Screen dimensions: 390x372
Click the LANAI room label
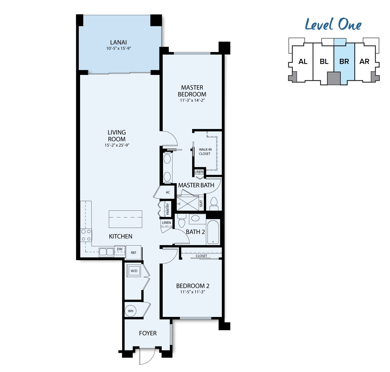click(118, 42)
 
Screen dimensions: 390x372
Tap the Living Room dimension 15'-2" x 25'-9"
click(117, 145)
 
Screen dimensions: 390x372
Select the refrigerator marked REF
click(133, 253)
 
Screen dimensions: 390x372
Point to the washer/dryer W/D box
click(134, 271)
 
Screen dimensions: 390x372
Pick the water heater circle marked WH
click(131, 311)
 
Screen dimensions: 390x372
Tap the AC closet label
click(168, 192)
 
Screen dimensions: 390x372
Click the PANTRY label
click(168, 209)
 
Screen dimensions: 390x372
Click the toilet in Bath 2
click(182, 220)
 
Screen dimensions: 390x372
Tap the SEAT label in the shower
click(201, 203)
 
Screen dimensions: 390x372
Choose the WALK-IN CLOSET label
click(205, 151)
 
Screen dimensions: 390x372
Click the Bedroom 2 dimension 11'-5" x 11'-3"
click(192, 292)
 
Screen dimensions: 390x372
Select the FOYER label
click(148, 333)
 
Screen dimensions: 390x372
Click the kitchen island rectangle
click(125, 219)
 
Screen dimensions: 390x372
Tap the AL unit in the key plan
click(303, 62)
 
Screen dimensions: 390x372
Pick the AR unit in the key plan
click(365, 62)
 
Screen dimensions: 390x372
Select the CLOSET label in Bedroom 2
click(201, 256)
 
